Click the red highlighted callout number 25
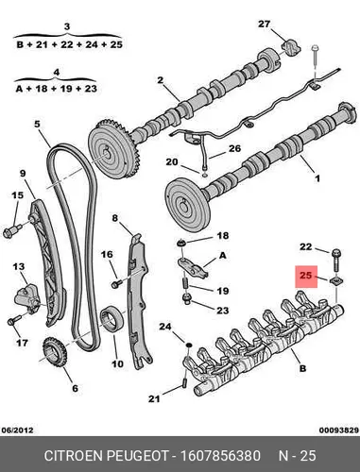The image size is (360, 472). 305,276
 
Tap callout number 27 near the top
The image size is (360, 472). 265,24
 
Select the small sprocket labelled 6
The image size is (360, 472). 53,351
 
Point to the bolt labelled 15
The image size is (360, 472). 11,230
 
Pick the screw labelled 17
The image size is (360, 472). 13,320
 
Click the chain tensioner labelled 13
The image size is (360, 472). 27,299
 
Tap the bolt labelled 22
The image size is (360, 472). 336,261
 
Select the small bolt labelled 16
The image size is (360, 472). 116,283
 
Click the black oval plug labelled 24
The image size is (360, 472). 188,346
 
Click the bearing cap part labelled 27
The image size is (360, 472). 291,47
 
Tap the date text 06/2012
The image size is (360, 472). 17,430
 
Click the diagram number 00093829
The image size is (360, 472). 339,430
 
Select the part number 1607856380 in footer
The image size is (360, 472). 220,456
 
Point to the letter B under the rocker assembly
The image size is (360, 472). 302,368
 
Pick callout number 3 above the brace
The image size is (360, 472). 67,26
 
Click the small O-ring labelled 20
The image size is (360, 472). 204,174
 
